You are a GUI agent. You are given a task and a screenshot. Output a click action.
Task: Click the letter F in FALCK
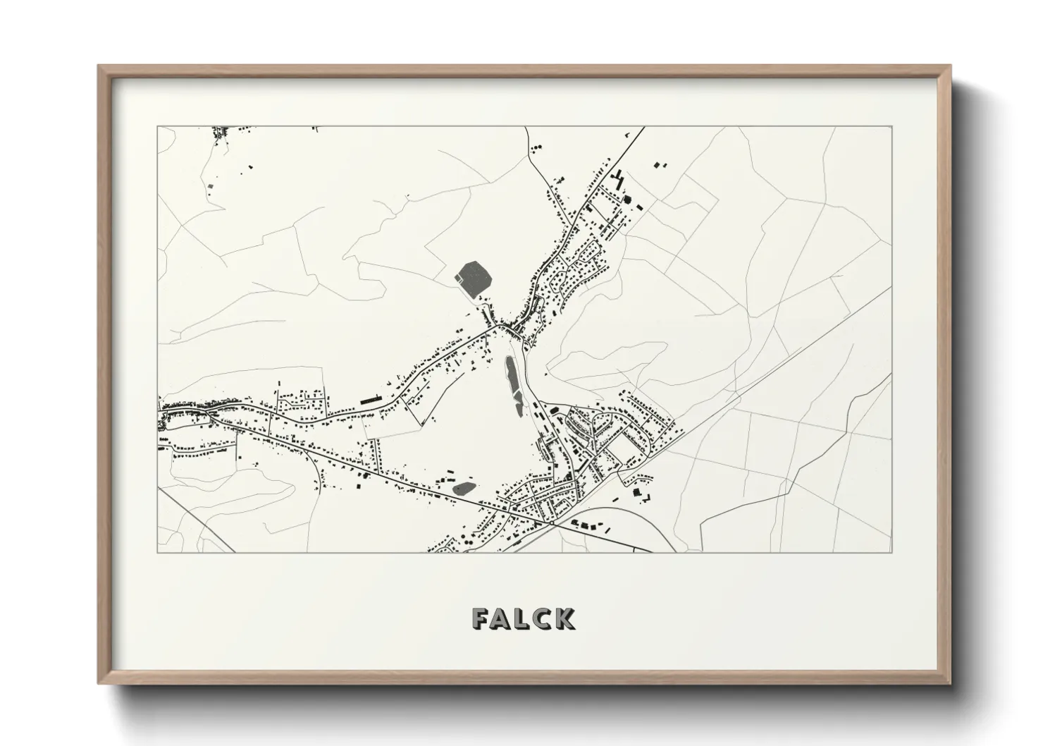[x=483, y=618]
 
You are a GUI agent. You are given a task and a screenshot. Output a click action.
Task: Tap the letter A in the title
[x=502, y=618]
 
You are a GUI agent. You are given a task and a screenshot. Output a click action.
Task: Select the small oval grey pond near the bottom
[x=463, y=487]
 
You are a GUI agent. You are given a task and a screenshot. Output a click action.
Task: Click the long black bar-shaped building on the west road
[x=370, y=400]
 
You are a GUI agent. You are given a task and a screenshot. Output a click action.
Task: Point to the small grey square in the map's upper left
[x=210, y=185]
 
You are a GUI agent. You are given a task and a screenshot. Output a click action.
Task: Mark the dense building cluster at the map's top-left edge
[x=223, y=132]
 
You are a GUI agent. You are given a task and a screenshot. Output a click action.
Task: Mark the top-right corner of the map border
[x=892, y=127]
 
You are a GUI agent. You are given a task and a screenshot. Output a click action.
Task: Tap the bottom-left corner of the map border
[x=158, y=552]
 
